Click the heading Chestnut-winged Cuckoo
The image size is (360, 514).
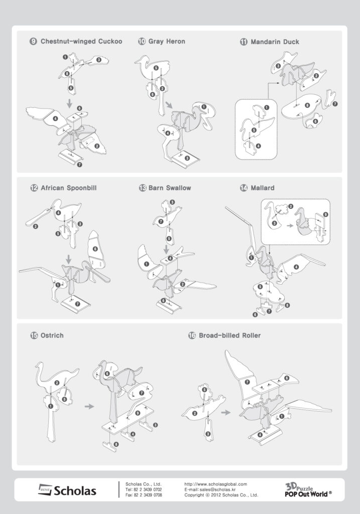[x=81, y=42]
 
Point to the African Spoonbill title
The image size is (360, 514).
[x=68, y=188]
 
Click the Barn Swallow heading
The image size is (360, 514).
[x=169, y=188]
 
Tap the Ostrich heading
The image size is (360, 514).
[x=52, y=335]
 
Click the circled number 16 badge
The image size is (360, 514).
[x=192, y=335]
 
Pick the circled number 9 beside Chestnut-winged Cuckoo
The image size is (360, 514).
[x=33, y=42]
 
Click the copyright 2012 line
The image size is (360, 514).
[x=221, y=495]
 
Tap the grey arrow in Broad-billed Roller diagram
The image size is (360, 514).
[x=225, y=412]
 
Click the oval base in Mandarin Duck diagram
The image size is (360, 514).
[x=301, y=106]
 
